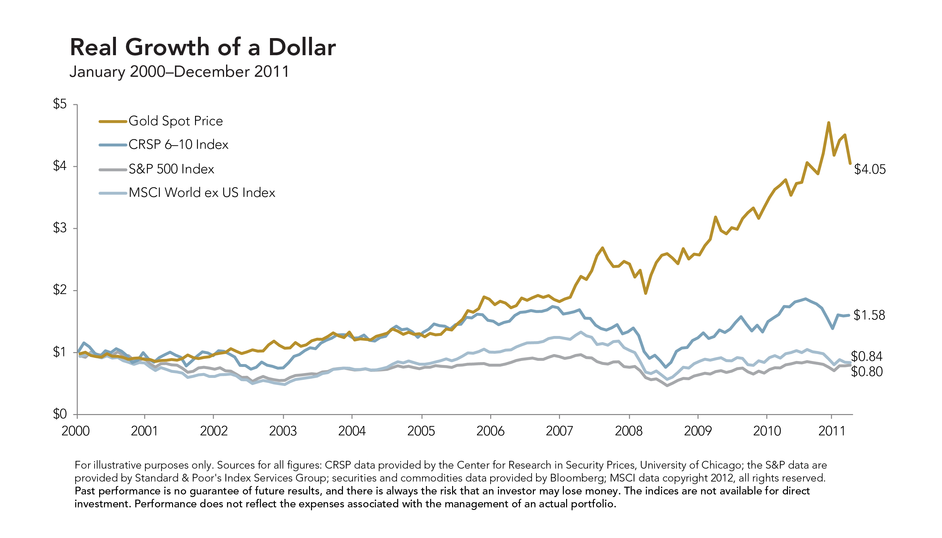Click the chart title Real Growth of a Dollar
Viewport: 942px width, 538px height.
click(202, 47)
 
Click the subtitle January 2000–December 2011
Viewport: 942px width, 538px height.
click(179, 72)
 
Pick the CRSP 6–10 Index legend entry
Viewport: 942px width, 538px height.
click(178, 145)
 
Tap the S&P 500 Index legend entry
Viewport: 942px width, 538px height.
click(171, 169)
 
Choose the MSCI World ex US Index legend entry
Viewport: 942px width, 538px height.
click(202, 193)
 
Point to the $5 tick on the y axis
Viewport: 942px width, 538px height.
click(60, 104)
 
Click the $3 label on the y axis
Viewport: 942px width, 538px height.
click(60, 228)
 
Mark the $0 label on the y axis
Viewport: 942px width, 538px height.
click(60, 414)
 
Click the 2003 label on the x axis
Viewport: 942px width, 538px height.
click(283, 431)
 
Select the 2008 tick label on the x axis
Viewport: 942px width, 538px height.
click(629, 431)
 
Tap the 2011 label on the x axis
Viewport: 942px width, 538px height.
click(832, 431)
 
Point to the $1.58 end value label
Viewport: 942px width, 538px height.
click(869, 315)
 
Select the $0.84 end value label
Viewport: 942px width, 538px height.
click(866, 357)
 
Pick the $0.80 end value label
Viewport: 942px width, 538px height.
click(866, 372)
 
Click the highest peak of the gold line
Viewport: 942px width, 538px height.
click(829, 123)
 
